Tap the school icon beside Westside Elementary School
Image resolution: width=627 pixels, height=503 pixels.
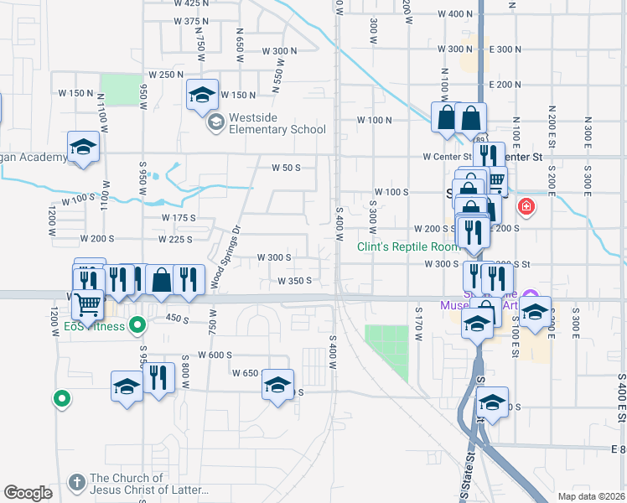(215, 122)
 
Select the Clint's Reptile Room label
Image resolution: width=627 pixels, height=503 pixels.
(407, 246)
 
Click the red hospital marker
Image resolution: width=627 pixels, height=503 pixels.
(526, 205)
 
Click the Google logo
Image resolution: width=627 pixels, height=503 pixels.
(28, 493)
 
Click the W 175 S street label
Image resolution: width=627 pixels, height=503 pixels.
(179, 218)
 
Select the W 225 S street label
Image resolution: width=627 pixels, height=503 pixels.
(174, 240)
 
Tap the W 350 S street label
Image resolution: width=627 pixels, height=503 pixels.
(294, 281)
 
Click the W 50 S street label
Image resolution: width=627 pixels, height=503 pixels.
(285, 168)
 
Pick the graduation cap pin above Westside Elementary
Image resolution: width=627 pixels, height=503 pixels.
(201, 96)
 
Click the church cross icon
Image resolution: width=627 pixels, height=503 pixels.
(76, 482)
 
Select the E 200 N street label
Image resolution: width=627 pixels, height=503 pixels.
(504, 85)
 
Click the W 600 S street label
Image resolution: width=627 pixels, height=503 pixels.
(215, 355)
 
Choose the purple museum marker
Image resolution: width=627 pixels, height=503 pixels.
(529, 295)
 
